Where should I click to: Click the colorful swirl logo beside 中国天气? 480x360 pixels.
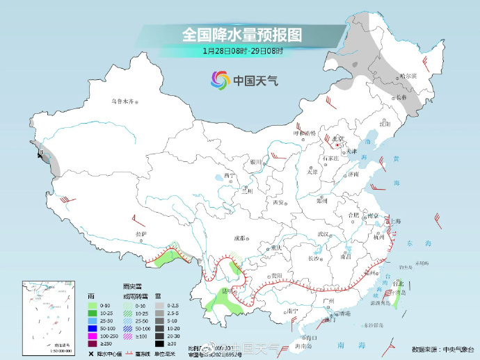click(x=221, y=80)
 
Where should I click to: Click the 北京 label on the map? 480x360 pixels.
click(x=338, y=138)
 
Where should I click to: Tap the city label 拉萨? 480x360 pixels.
click(x=141, y=234)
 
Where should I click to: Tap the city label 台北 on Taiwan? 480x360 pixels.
click(x=398, y=284)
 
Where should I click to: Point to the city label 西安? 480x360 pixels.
click(x=279, y=202)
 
